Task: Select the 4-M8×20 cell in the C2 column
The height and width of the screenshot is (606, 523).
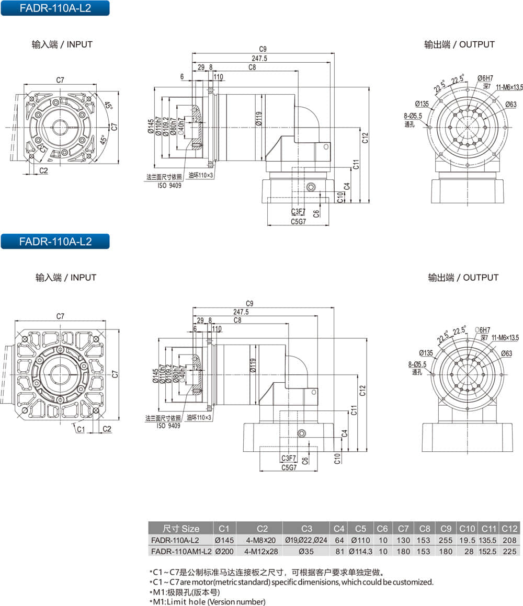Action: coord(259,540)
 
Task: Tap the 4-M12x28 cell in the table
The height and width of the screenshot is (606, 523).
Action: coord(259,551)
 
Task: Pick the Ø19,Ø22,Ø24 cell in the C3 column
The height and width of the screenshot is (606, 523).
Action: coord(306,540)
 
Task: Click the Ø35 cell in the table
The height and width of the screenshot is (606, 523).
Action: coord(306,551)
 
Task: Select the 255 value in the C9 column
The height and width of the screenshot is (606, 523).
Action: coord(446,540)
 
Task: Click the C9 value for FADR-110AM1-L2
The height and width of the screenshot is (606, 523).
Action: coord(446,551)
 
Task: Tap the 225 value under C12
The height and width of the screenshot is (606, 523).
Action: coord(509,551)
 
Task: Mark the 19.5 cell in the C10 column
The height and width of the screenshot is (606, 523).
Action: coord(467,540)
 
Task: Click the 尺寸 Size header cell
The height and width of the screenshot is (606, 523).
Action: coord(181,529)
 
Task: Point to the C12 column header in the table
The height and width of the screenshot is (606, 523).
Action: coord(509,529)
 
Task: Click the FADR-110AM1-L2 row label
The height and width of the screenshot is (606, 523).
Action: coord(181,551)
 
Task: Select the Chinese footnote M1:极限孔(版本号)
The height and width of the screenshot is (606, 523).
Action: coord(185,592)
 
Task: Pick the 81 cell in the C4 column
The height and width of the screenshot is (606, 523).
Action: coord(339,551)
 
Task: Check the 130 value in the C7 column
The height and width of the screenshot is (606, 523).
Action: coord(403,540)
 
